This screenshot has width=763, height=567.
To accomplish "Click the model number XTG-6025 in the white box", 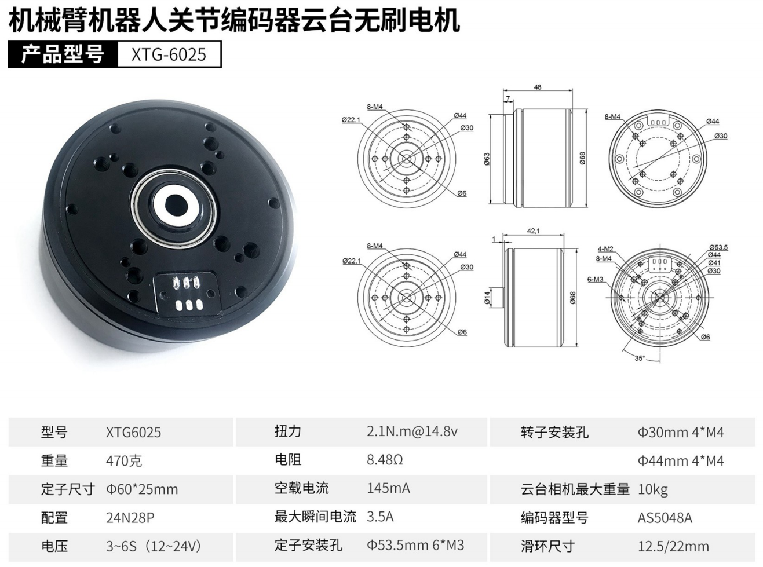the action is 169,54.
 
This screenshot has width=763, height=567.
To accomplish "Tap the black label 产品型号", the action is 63,54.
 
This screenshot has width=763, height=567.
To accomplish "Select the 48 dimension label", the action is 537,87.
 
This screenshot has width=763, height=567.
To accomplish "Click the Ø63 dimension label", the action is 487,159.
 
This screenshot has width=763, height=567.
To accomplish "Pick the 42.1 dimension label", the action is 534,231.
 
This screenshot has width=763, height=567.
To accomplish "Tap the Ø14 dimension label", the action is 487,298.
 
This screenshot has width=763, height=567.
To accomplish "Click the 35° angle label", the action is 640,358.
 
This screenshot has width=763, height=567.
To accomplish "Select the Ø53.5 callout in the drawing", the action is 718,247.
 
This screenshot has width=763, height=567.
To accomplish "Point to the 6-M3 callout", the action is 595,279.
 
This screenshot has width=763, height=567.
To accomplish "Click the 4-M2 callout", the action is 605,249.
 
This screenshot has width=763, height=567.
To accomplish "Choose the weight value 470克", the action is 124,460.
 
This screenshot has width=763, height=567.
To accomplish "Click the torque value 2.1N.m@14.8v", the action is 412,431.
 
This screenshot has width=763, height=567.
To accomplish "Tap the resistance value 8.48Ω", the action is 385,460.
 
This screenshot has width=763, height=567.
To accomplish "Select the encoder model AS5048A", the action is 665,517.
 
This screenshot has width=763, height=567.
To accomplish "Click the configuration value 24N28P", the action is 130,517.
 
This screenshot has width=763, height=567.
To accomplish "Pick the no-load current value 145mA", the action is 388,489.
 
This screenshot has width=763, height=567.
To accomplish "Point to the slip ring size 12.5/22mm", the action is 673,546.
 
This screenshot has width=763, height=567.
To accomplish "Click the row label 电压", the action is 54,546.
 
